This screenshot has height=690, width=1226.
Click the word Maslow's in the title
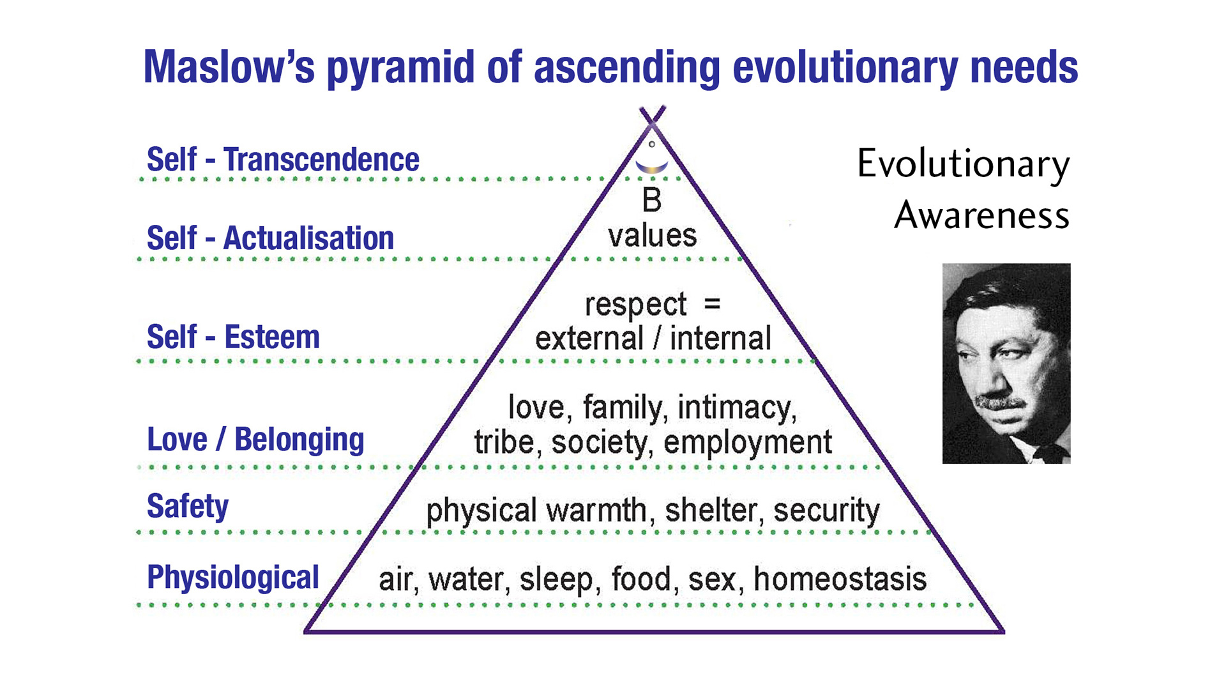tap(229, 66)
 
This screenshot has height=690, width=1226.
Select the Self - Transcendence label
tap(283, 159)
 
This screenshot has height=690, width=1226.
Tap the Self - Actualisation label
tap(270, 238)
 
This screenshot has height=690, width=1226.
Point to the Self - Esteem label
tap(233, 337)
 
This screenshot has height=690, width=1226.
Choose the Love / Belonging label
tap(255, 440)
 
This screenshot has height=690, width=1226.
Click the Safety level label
tap(188, 506)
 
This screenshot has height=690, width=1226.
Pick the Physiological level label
tap(233, 578)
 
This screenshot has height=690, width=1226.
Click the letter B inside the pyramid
tap(651, 200)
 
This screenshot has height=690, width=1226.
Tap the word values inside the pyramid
tap(652, 236)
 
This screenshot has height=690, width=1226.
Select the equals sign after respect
tap(712, 303)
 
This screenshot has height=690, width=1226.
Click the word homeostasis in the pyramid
tap(840, 579)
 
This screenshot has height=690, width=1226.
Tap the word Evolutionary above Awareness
tap(964, 164)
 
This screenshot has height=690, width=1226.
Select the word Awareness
tap(982, 215)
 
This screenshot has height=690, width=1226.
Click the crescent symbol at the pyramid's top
tap(651, 167)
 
